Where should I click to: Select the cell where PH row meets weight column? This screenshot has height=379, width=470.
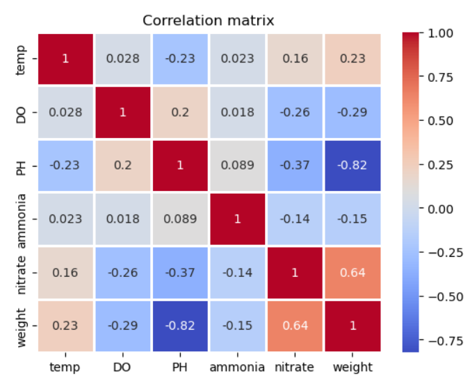352,166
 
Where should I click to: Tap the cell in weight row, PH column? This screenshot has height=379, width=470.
180,325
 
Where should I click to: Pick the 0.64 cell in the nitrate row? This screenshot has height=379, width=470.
352,272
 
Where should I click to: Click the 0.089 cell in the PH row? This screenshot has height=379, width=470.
238,166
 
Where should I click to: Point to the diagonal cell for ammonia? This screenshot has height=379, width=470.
238,219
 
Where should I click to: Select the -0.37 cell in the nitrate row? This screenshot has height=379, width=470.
180,272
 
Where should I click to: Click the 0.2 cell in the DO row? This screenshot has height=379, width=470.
180,112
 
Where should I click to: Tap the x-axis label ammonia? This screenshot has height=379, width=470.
238,367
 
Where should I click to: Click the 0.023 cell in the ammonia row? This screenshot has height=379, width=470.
65,219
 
